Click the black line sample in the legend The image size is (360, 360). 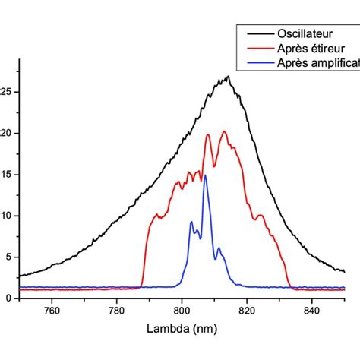254,34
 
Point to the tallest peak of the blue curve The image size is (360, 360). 204,175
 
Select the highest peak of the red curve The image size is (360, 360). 224,131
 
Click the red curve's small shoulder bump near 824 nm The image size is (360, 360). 260,216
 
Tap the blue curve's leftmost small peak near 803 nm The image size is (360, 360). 191,222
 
